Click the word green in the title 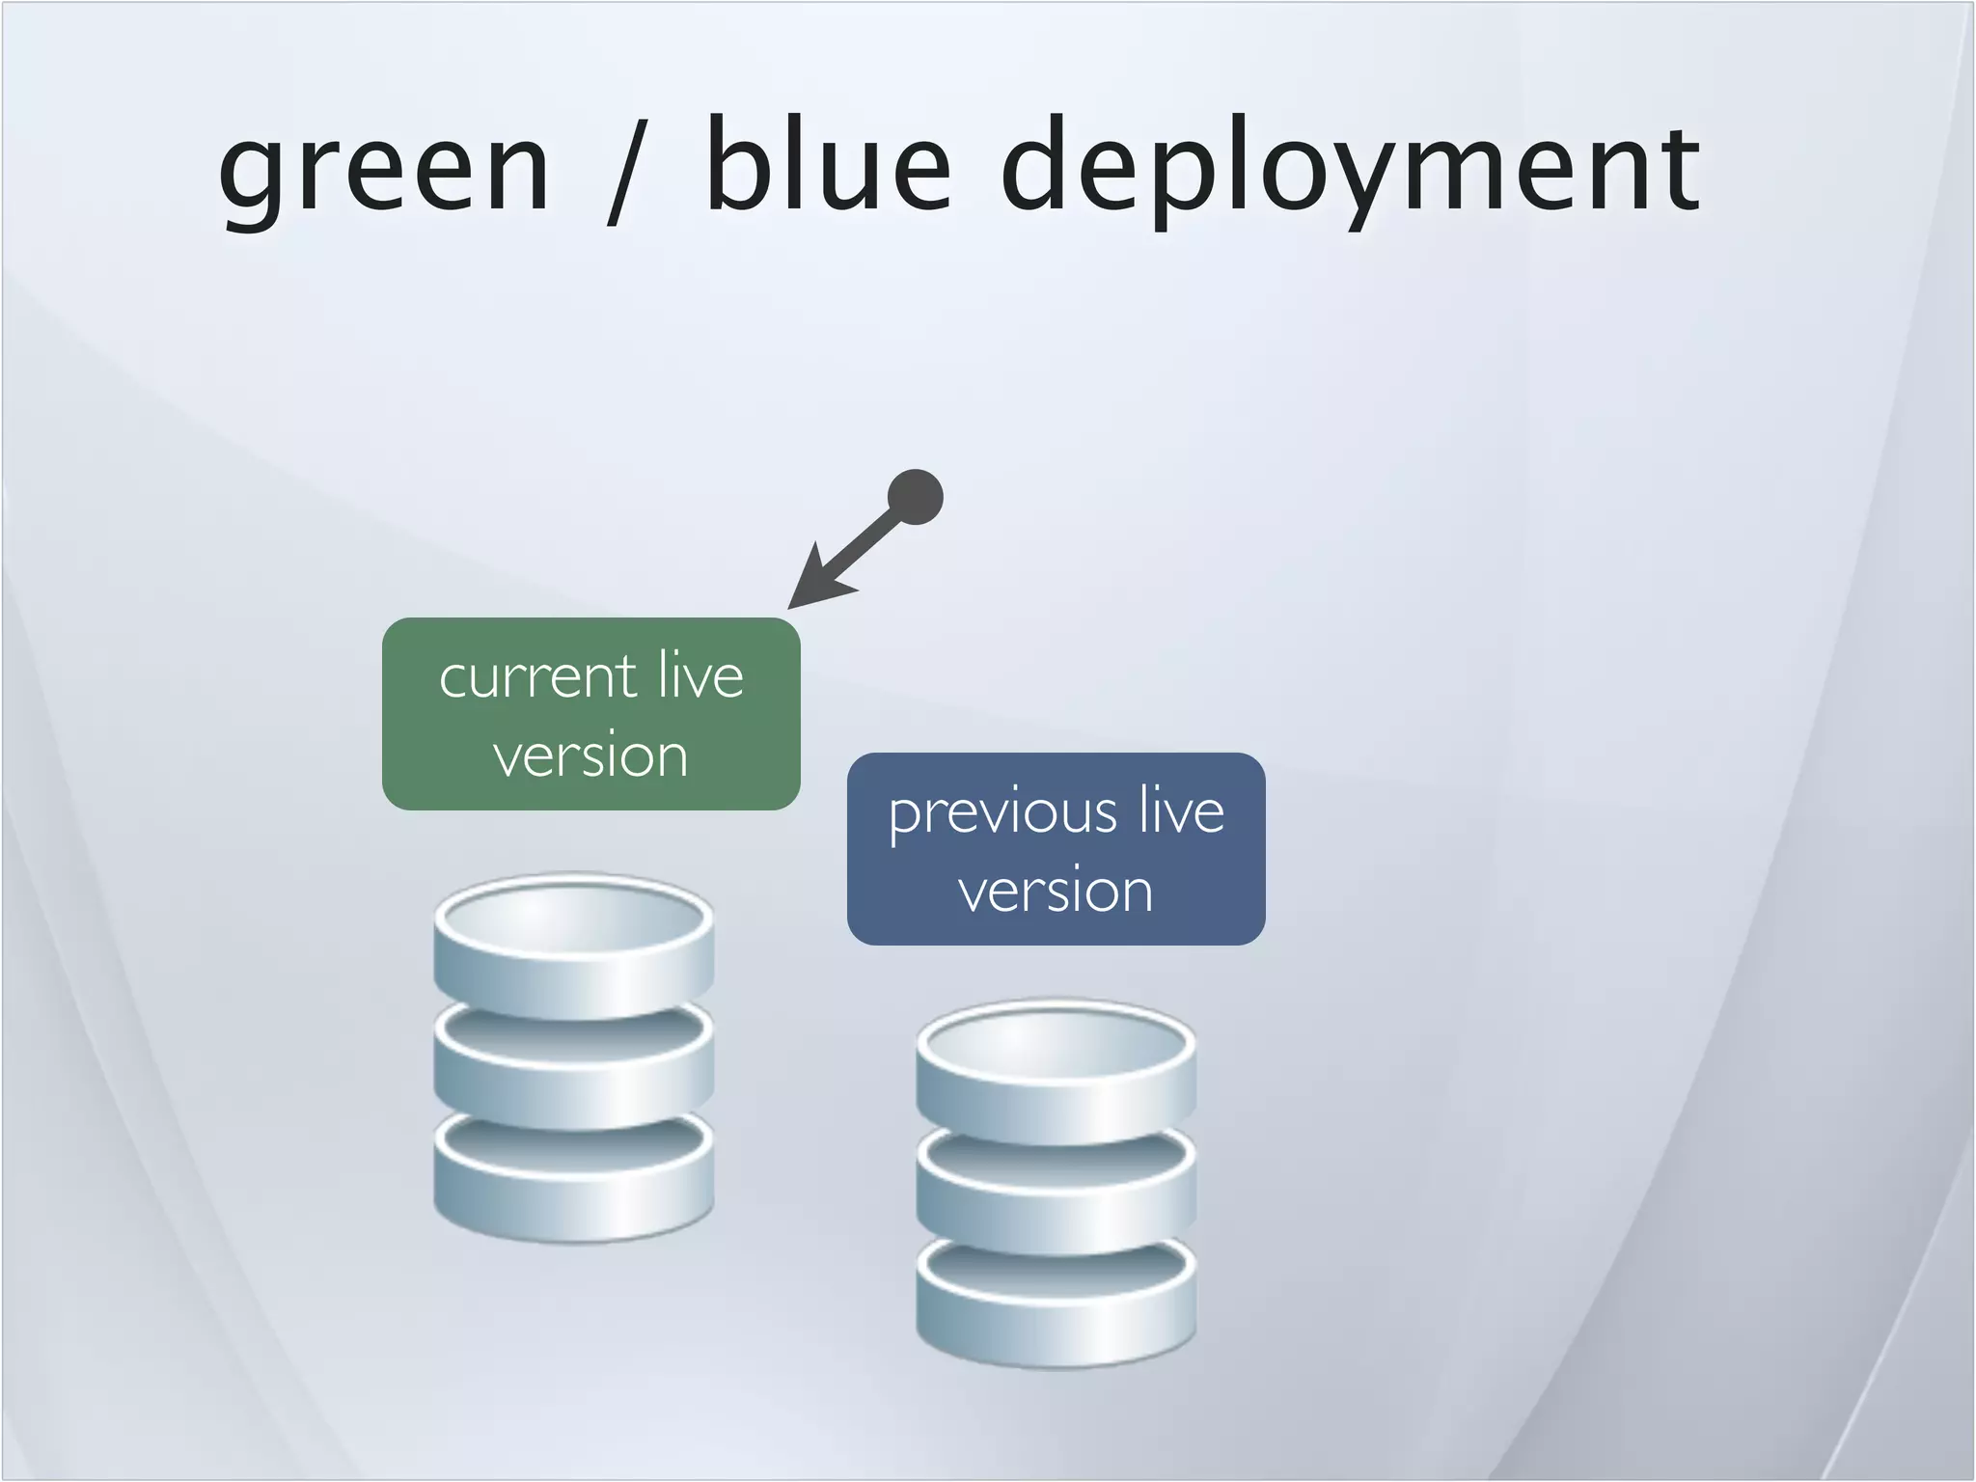click(384, 170)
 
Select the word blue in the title click(828, 164)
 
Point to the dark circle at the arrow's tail click(915, 497)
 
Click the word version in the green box click(590, 755)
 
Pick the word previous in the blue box click(1002, 812)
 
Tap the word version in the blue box click(1056, 890)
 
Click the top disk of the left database click(573, 950)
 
